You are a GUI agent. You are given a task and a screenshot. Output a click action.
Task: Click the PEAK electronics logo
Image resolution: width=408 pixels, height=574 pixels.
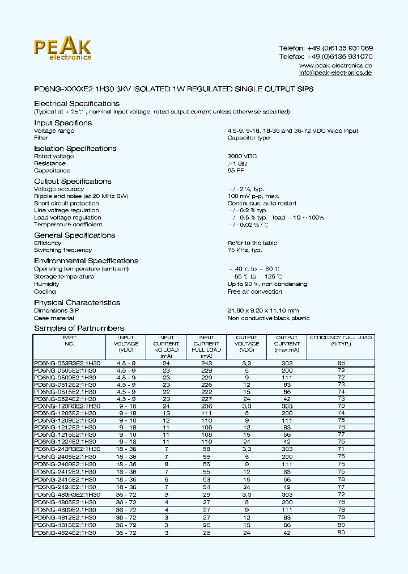click(62, 49)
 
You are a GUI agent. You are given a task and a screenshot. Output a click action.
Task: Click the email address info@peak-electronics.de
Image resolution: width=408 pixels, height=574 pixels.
click(335, 73)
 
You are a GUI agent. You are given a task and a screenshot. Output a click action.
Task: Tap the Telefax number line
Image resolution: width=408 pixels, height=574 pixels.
click(326, 57)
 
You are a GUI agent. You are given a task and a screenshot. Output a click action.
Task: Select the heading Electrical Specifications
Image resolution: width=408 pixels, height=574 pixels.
click(76, 104)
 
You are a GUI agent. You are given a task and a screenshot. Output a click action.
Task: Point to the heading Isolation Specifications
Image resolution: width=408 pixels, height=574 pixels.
click(75, 149)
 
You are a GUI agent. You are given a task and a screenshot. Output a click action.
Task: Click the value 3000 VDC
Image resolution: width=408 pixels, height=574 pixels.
click(242, 156)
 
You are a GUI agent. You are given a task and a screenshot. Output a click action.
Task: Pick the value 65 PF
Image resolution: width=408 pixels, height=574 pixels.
click(236, 170)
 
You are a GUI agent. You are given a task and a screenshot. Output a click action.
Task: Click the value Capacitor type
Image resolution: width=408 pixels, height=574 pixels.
click(248, 138)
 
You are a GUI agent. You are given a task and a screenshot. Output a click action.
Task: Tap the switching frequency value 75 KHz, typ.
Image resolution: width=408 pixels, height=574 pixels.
click(244, 250)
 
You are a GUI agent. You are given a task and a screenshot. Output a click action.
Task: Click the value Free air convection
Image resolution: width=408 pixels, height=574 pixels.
click(254, 292)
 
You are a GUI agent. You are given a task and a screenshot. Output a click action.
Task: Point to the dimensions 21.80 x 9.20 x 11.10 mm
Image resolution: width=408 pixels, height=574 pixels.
click(263, 311)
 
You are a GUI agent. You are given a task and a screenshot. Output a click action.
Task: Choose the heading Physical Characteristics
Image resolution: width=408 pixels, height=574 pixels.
click(77, 303)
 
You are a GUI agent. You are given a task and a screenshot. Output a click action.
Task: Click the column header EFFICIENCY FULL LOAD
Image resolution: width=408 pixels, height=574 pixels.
click(341, 340)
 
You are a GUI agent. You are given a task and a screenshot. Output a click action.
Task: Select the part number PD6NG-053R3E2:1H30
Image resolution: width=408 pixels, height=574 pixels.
click(67, 362)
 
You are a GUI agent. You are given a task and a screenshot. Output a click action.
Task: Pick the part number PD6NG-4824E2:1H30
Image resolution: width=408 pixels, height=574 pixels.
click(65, 533)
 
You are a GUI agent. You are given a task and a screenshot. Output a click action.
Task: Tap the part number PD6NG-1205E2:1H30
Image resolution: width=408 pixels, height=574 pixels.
click(65, 413)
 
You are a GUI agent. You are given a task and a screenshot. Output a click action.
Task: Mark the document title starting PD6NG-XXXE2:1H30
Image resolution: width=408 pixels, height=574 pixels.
click(173, 90)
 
